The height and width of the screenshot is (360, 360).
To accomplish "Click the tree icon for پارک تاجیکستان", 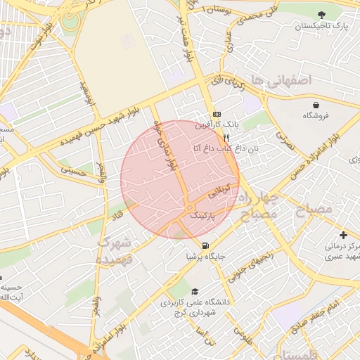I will (x=321, y=15).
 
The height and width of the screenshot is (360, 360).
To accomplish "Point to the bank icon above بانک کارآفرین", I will (x=217, y=114).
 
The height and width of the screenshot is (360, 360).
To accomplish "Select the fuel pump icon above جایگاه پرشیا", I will (x=205, y=245).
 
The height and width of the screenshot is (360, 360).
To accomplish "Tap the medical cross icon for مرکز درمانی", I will (x=342, y=235).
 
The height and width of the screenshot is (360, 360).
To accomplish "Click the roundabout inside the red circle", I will (x=190, y=206).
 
